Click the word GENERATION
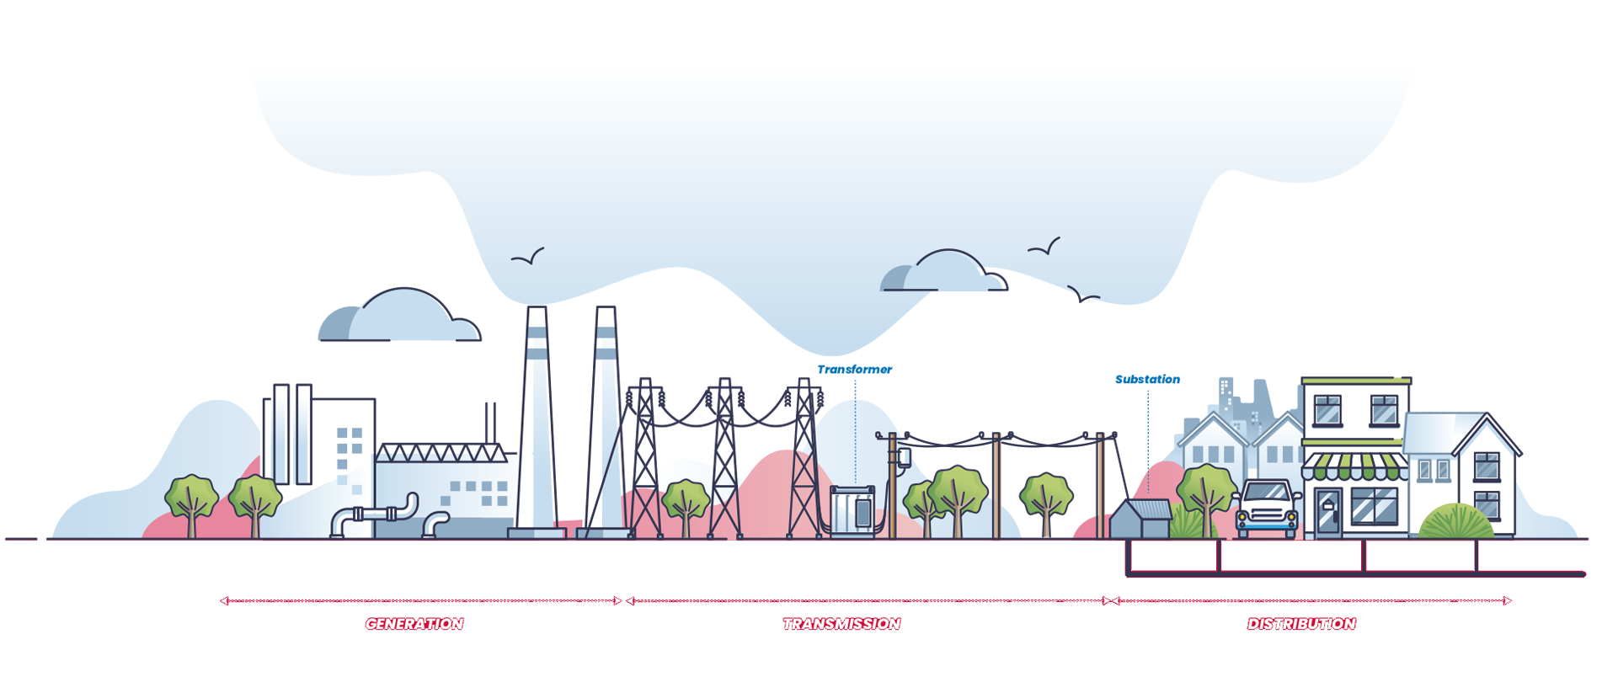point(414,624)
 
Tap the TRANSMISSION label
point(841,624)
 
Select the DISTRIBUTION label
point(1301,624)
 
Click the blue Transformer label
point(854,370)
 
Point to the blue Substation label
point(1147,380)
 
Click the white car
point(1267,509)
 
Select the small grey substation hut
point(1140,519)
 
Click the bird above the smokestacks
point(528,257)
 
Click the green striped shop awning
point(1354,466)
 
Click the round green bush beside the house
point(1456,522)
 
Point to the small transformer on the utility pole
point(904,458)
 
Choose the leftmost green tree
point(191,505)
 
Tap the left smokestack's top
point(537,310)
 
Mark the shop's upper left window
point(1328,409)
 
